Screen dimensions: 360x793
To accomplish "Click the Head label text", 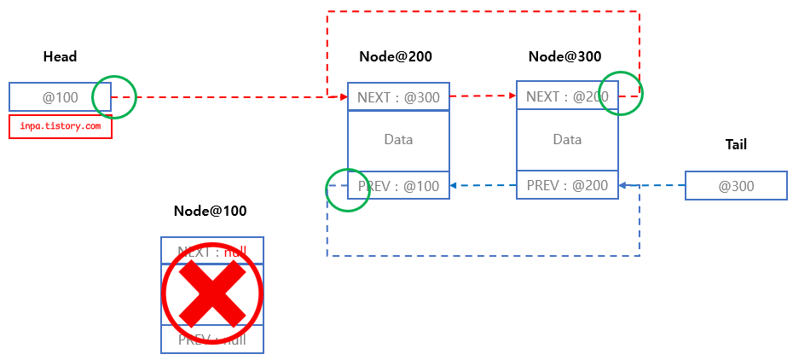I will (60, 57).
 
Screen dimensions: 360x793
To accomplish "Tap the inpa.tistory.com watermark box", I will (61, 126).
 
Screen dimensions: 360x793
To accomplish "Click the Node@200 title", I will (395, 57).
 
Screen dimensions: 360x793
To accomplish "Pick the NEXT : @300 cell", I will (398, 97).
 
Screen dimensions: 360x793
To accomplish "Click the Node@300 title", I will (564, 57).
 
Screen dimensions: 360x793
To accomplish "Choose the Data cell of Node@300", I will (567, 140).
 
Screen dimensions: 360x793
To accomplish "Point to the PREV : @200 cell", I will (567, 185).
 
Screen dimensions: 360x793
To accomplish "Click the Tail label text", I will (735, 145).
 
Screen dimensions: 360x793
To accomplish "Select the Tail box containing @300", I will (736, 186).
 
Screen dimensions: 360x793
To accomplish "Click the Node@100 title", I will (211, 211).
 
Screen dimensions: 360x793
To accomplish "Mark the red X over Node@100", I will (212, 294).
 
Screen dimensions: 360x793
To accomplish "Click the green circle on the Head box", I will (114, 96).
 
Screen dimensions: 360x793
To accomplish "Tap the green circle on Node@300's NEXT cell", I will (620, 93).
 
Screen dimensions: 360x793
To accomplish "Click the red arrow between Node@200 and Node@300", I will (483, 96).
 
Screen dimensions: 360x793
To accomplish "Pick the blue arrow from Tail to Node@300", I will (653, 185).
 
